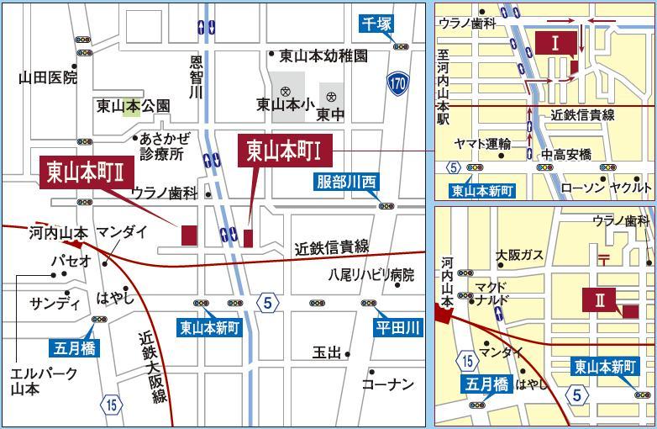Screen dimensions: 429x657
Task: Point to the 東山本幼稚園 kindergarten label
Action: point(323,56)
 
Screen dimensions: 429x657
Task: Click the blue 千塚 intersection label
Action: point(377,24)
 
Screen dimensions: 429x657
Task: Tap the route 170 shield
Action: point(398,82)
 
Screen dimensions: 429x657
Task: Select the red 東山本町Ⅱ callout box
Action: point(88,171)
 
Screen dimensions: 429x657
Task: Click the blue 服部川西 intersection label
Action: point(347,181)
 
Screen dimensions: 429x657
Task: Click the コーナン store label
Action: point(387,384)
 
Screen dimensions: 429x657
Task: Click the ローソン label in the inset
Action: point(582,188)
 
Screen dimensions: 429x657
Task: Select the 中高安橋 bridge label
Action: point(566,154)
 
